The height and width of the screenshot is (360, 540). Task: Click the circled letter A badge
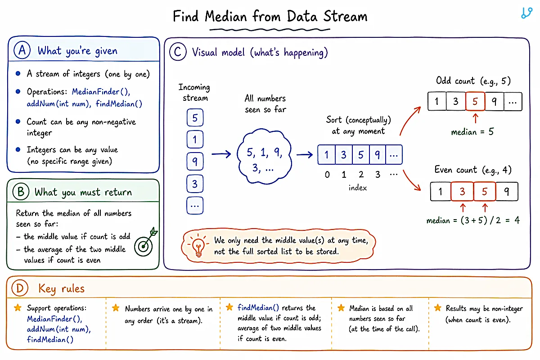[x=22, y=50]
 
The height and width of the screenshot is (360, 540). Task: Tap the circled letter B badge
[x=21, y=192]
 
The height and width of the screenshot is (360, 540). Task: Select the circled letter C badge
[x=178, y=52]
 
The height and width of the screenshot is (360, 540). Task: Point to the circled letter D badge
[x=20, y=288]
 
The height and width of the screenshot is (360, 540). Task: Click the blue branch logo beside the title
[x=526, y=13]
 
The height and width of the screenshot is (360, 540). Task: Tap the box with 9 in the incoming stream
[x=195, y=161]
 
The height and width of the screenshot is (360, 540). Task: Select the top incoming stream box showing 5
[x=195, y=117]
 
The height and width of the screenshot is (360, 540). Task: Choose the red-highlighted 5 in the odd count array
[x=475, y=101]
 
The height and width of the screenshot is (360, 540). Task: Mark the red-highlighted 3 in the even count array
[x=462, y=191]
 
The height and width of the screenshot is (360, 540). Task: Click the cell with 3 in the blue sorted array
[x=343, y=154]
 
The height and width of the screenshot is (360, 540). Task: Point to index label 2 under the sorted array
[x=361, y=174]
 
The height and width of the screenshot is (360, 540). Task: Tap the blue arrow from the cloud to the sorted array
[x=305, y=154]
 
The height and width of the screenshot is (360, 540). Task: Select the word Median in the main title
[x=226, y=16]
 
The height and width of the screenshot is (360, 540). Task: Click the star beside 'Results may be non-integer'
[x=438, y=308]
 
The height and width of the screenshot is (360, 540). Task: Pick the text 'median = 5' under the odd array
[x=472, y=132]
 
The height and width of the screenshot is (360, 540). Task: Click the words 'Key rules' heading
[x=62, y=288]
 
